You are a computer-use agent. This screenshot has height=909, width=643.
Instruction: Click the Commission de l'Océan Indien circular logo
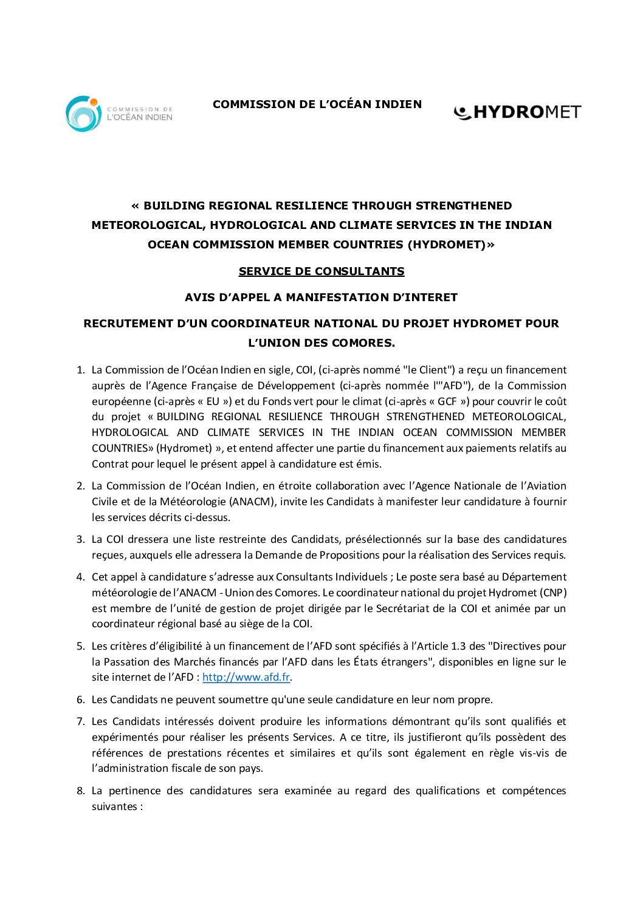[x=83, y=113]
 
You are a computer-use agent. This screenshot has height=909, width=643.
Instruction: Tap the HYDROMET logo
[x=517, y=112]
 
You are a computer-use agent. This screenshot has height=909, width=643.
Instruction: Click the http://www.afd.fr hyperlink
[x=246, y=677]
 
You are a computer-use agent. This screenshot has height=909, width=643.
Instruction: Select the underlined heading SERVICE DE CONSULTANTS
[x=321, y=271]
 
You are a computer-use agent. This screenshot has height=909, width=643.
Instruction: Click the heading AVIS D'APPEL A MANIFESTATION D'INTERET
[x=321, y=298]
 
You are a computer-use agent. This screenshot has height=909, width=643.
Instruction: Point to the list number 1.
[x=80, y=370]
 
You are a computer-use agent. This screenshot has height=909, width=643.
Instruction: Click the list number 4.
[x=80, y=577]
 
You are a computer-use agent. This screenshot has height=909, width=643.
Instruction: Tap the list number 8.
[x=80, y=791]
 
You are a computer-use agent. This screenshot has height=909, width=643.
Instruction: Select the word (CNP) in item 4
[x=553, y=593]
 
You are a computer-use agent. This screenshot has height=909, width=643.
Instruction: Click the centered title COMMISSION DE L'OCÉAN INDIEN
[x=317, y=104]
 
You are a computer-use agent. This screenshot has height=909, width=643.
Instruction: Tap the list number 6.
[x=80, y=700]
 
